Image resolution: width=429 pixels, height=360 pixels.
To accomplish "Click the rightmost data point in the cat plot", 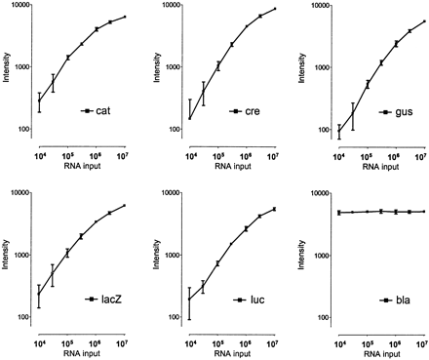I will (x=126, y=18).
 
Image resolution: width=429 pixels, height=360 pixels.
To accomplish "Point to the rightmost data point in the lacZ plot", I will (x=126, y=205).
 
